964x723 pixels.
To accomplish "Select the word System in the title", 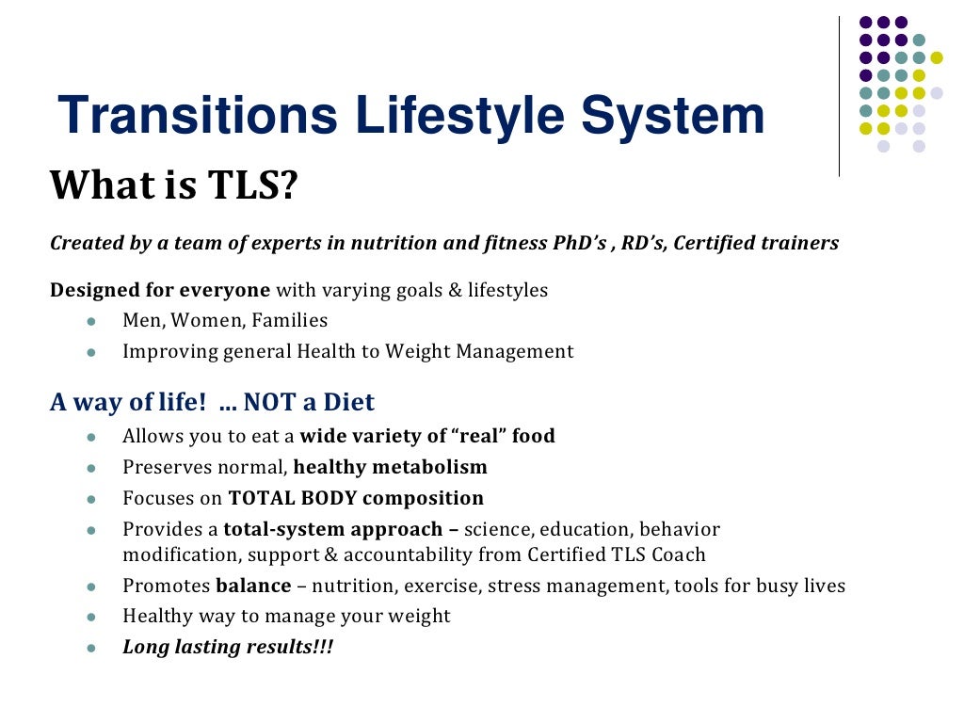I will (x=672, y=117).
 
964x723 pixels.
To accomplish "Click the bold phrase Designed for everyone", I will (x=160, y=290).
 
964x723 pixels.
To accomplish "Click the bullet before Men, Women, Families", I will (x=91, y=321).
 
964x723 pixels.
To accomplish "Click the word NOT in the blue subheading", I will (x=266, y=402).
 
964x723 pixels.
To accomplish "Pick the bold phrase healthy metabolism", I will (x=390, y=467).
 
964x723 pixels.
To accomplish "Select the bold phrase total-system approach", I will (x=333, y=529).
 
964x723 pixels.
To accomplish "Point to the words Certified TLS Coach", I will (x=616, y=555).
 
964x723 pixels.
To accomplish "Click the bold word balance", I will (x=253, y=586).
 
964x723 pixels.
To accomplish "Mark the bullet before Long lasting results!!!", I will (x=91, y=649).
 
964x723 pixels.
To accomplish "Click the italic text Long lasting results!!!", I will (x=228, y=648).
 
